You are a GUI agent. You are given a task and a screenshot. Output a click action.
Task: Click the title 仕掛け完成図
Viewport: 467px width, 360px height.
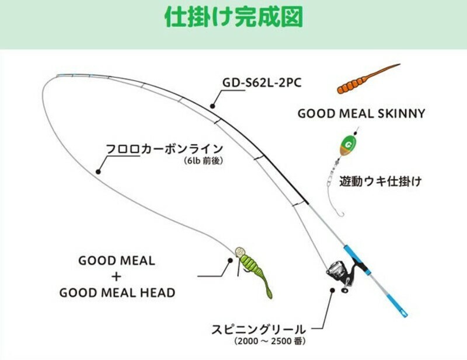[233, 17]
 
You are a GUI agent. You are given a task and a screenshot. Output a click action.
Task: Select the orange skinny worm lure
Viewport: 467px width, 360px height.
[368, 79]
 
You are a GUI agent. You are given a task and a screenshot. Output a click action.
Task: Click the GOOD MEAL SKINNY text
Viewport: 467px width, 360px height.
[361, 113]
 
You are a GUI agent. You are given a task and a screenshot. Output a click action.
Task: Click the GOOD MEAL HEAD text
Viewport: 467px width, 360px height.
[117, 293]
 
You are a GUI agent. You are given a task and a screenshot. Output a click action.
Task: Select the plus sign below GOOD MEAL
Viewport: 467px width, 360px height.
[117, 277]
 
